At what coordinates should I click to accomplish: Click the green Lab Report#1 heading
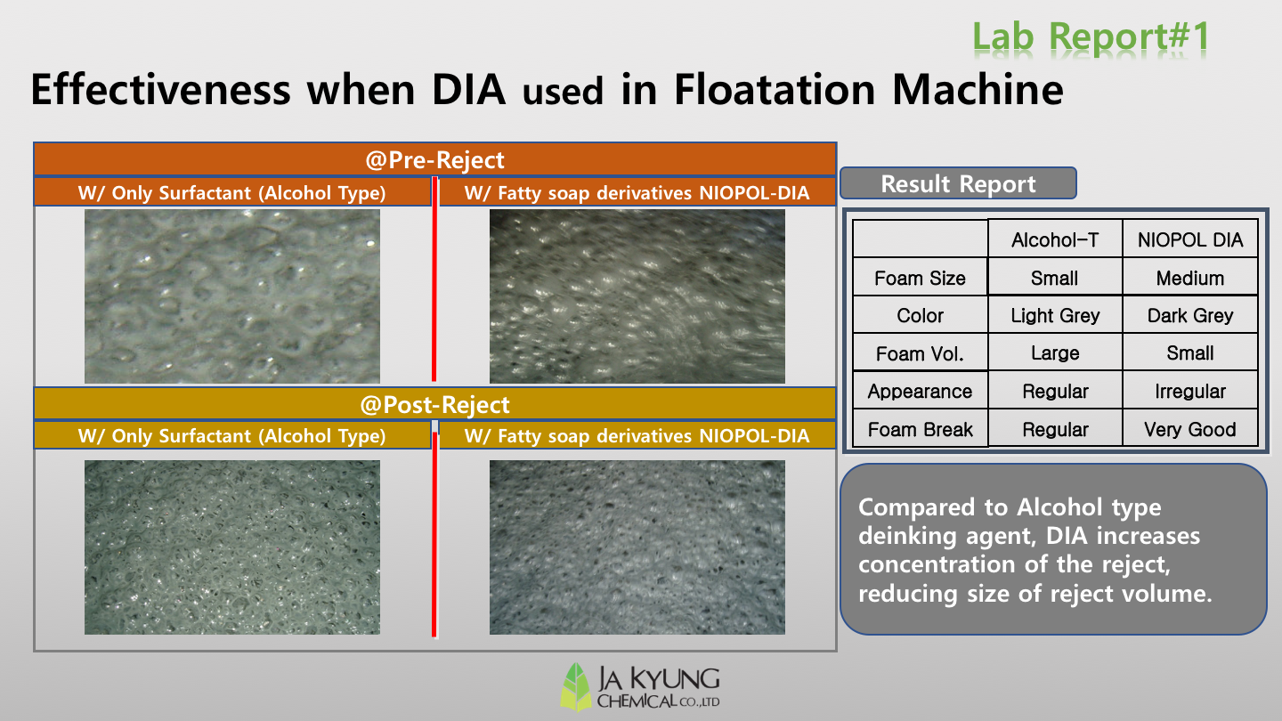(x=1091, y=36)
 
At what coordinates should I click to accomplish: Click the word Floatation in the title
(x=775, y=89)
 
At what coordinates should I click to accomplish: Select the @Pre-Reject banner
(x=435, y=159)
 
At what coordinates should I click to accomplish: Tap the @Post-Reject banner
(x=435, y=404)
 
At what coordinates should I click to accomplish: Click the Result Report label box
(x=958, y=183)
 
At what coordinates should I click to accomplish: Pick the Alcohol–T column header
(x=1055, y=239)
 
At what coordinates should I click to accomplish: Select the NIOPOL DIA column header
(x=1189, y=239)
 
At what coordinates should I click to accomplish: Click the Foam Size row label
(x=920, y=278)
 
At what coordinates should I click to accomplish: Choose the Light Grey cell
(x=1055, y=315)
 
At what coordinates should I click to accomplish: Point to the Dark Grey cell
(x=1189, y=315)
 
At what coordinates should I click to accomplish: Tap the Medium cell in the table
(x=1189, y=278)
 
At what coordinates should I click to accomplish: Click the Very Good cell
(x=1189, y=429)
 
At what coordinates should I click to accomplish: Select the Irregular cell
(x=1189, y=392)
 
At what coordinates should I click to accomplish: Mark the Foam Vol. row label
(x=920, y=353)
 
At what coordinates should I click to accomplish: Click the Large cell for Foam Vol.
(x=1055, y=353)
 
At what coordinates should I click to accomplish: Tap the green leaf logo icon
(x=576, y=686)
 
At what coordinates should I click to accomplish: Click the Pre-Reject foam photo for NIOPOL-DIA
(x=637, y=296)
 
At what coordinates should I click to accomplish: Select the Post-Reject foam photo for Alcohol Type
(x=231, y=547)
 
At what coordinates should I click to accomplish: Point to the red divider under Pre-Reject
(x=434, y=279)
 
